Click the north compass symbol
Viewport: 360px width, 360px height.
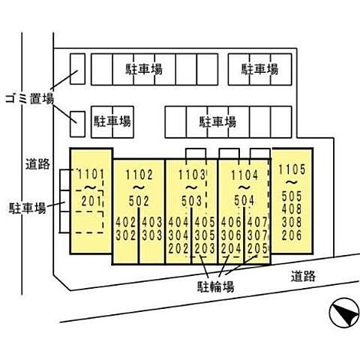[x=345, y=312]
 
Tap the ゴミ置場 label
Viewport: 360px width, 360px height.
[x=30, y=98]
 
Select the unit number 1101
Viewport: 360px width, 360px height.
[x=91, y=174]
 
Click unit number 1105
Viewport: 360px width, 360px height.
[x=292, y=169]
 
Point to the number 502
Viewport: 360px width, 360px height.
[x=139, y=201]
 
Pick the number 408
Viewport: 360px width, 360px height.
[x=292, y=209]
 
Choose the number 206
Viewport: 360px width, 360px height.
[x=292, y=235]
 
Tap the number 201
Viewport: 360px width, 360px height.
[x=91, y=201]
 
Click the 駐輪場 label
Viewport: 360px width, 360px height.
[x=216, y=286]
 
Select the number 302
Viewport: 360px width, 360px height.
[x=126, y=235]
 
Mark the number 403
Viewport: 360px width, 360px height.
[x=152, y=222]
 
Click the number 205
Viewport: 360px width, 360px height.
[x=257, y=248]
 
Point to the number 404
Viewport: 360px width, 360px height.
[x=178, y=222]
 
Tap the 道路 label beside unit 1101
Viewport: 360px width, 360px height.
[x=37, y=164]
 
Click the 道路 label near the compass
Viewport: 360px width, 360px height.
[x=303, y=276]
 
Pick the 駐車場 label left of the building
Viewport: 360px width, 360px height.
[x=28, y=208]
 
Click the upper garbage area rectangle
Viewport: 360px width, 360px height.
[x=77, y=69]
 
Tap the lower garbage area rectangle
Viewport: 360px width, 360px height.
[x=77, y=124]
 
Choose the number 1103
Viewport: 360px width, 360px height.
[x=192, y=175]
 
